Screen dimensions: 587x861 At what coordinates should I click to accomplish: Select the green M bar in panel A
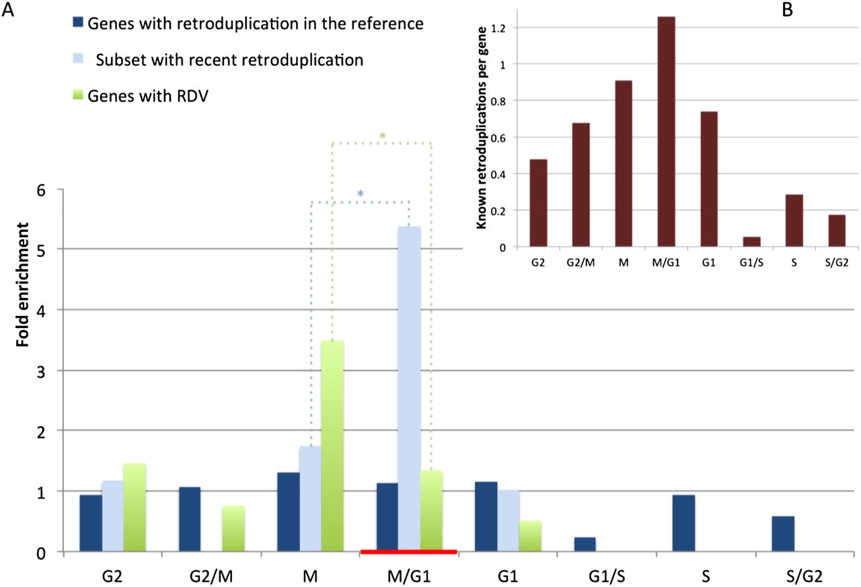(332, 446)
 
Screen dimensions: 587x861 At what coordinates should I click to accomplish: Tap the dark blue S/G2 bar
(783, 534)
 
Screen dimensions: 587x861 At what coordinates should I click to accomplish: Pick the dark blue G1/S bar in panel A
(585, 545)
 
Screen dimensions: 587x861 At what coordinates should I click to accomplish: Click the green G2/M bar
(233, 529)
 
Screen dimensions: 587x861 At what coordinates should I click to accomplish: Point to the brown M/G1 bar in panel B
(666, 132)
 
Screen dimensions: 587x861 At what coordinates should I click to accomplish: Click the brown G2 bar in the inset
(538, 203)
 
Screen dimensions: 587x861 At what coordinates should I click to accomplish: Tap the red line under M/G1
(409, 552)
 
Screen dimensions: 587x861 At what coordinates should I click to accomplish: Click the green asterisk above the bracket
(382, 136)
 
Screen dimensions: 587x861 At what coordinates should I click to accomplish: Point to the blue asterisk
(361, 194)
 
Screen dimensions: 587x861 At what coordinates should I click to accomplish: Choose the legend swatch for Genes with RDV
(77, 95)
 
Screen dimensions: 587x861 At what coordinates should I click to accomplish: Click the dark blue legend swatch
(77, 24)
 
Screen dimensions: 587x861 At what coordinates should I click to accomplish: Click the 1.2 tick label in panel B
(498, 28)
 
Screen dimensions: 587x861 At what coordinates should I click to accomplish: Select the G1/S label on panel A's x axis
(599, 577)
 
